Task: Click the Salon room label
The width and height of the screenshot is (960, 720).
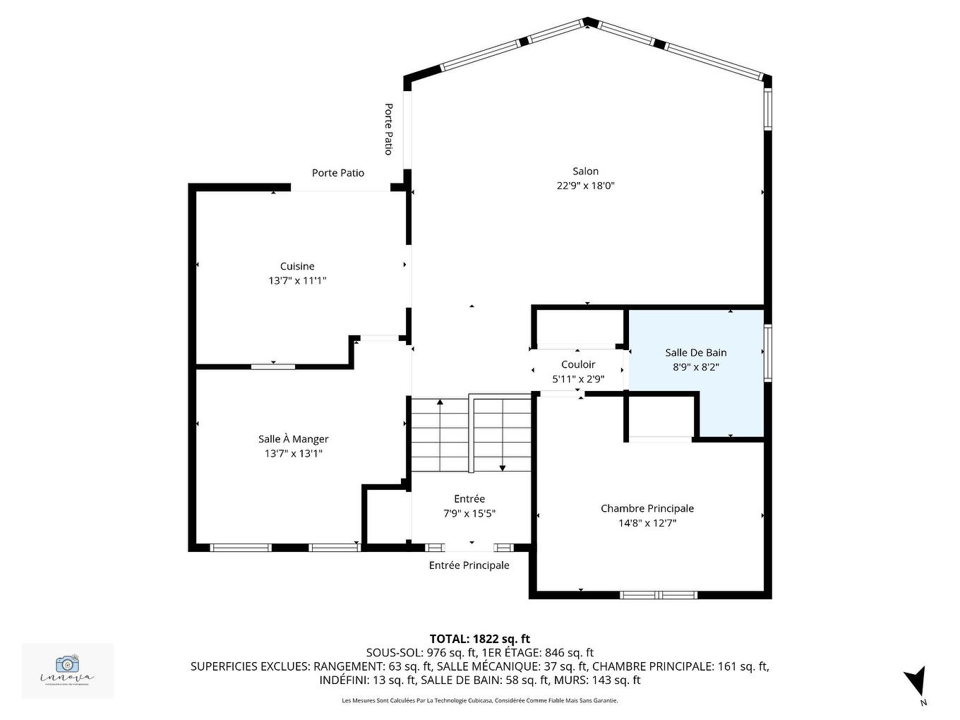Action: tap(585, 171)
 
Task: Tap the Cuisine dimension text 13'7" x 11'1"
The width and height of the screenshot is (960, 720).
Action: tap(297, 281)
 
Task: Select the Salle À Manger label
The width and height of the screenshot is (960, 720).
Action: tap(293, 439)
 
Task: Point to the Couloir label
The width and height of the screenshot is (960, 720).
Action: tap(578, 364)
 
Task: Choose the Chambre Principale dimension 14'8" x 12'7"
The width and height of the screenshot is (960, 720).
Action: tap(647, 523)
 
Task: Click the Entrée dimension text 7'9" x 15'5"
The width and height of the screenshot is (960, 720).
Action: tap(469, 514)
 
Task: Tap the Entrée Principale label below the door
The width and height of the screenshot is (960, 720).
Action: tap(469, 565)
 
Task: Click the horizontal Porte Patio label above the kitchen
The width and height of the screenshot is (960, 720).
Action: tap(338, 173)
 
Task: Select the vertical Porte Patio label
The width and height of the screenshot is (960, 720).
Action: tap(388, 129)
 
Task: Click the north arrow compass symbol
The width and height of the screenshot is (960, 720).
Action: tap(916, 682)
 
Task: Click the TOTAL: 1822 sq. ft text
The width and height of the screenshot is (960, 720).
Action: tap(479, 639)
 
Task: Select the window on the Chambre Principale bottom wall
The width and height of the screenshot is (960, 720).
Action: tap(658, 594)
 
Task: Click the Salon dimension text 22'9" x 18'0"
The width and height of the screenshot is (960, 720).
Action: tap(585, 186)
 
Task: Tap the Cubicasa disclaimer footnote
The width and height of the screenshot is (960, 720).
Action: tap(479, 701)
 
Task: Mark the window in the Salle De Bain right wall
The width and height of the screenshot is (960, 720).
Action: tap(768, 354)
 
